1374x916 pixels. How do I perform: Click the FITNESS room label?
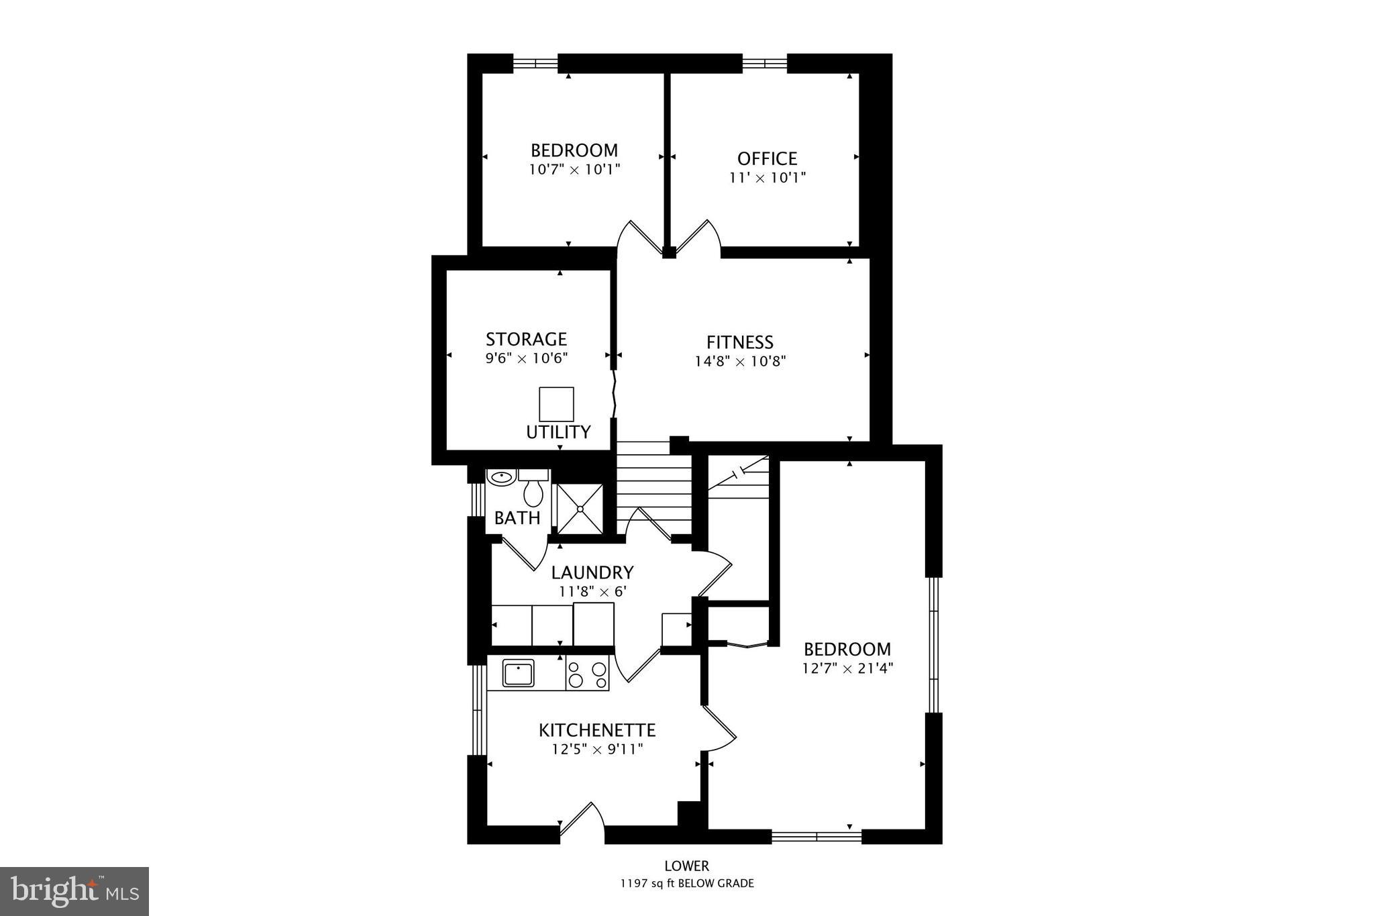click(x=739, y=342)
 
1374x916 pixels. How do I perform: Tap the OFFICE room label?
click(x=767, y=158)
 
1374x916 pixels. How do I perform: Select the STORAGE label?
click(x=526, y=339)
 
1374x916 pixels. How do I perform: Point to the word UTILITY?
click(x=558, y=432)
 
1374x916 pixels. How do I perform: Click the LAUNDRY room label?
click(x=592, y=572)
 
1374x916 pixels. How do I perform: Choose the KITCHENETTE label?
click(x=597, y=729)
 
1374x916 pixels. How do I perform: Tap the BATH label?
click(x=517, y=517)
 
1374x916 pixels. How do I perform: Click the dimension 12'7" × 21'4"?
click(x=847, y=668)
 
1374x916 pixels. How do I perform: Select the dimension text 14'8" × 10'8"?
click(x=740, y=361)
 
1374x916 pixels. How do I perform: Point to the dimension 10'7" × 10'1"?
click(x=574, y=169)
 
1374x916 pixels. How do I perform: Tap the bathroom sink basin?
click(x=500, y=477)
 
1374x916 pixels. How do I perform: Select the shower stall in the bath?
click(x=580, y=509)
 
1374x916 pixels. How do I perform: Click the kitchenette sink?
click(x=519, y=673)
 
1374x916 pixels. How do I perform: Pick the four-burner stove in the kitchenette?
click(x=588, y=674)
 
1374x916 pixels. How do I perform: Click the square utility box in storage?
click(x=556, y=404)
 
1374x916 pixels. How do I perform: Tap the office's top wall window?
click(x=764, y=64)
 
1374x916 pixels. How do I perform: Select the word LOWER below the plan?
click(x=686, y=866)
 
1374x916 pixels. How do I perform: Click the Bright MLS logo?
click(x=74, y=891)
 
